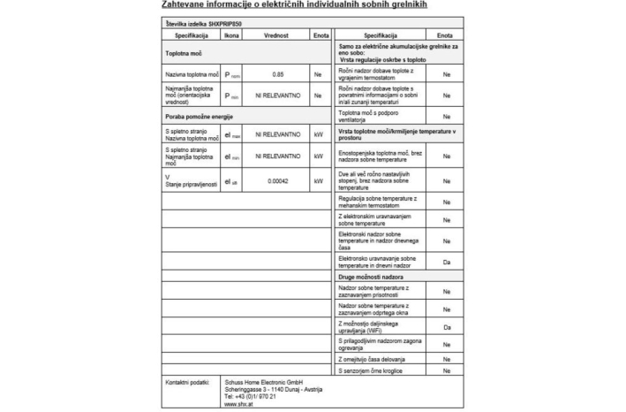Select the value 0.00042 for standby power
tap(277, 180)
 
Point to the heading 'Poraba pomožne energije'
tap(199, 116)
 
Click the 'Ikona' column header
tap(231, 34)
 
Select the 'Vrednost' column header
tap(277, 34)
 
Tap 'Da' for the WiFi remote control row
tap(446, 327)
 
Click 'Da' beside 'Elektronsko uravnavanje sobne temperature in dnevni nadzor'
tap(446, 263)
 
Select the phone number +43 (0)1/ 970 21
tap(250, 396)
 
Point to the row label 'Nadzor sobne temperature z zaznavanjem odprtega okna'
tap(375, 308)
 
